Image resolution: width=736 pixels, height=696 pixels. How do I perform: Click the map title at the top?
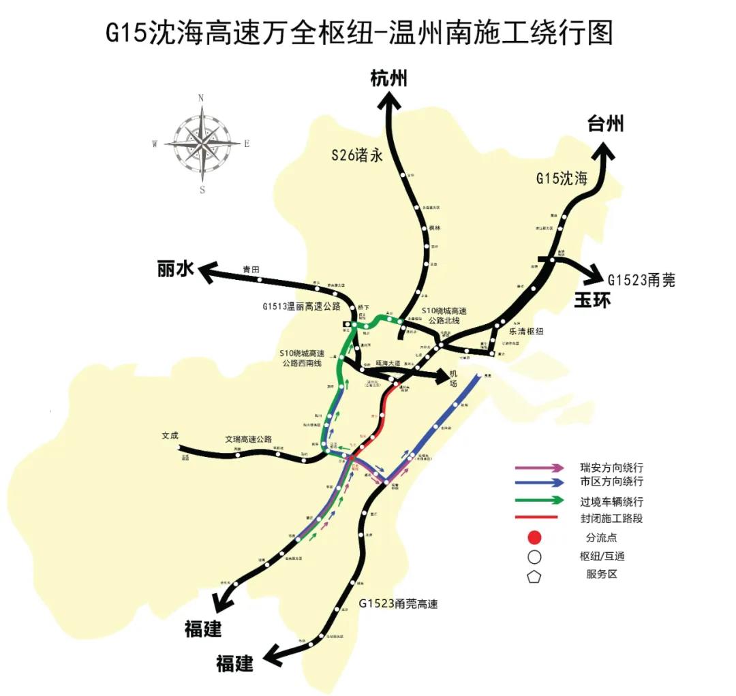359,33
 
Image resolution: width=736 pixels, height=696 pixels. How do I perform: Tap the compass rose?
202,143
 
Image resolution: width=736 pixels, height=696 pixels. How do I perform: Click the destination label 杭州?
388,79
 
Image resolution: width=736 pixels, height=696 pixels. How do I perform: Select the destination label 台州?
605,124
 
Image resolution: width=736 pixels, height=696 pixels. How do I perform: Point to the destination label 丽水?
176,270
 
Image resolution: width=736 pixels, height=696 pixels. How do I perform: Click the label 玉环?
592,300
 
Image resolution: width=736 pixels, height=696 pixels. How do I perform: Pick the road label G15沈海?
561,179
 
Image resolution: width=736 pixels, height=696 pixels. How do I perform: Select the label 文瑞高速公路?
249,439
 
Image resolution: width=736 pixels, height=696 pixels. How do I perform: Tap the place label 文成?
170,435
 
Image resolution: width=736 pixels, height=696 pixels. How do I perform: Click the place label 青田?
251,270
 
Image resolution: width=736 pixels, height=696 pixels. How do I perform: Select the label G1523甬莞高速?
398,603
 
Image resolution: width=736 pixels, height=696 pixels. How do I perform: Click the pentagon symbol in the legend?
535,575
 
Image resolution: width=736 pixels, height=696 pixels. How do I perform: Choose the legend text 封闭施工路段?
611,518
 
